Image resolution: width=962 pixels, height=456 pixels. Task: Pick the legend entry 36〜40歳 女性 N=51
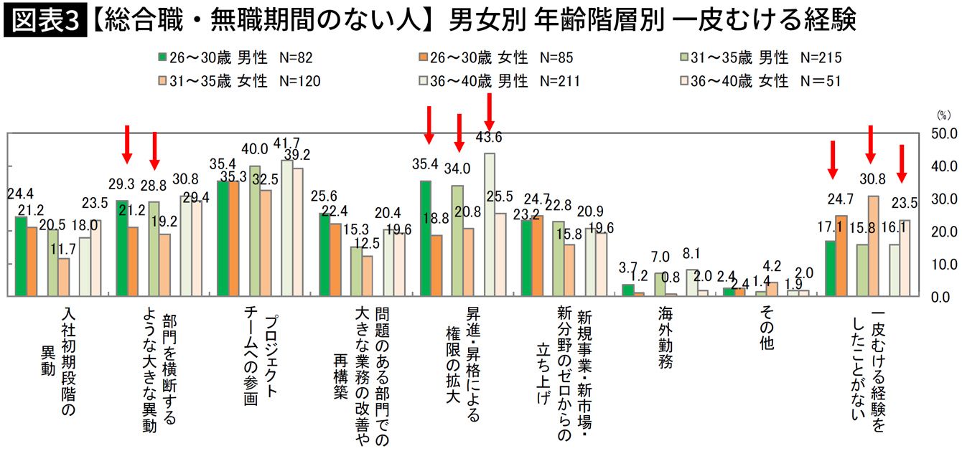(x=762, y=81)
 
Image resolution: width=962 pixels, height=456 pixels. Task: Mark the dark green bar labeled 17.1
(x=831, y=268)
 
